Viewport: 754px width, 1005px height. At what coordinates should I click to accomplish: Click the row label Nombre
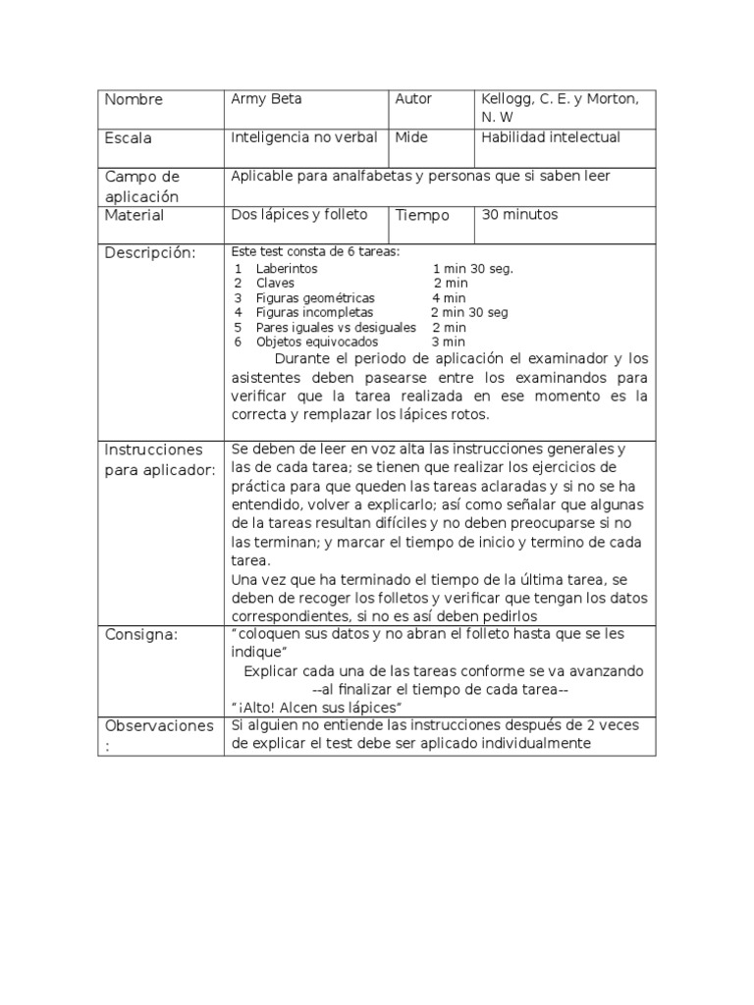[x=134, y=100]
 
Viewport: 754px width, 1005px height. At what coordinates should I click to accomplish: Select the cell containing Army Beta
[x=266, y=99]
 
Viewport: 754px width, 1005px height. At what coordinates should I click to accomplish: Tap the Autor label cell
[x=413, y=99]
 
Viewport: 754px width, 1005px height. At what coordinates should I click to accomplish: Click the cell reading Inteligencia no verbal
[x=303, y=137]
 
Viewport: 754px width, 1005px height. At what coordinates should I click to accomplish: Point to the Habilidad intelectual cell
[x=551, y=137]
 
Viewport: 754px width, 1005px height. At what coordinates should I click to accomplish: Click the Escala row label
[x=129, y=138]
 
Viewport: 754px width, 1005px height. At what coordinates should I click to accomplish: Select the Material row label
[x=135, y=215]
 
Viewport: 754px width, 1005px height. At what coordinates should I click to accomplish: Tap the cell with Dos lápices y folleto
[x=298, y=214]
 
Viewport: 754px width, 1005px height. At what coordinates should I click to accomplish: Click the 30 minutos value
[x=519, y=214]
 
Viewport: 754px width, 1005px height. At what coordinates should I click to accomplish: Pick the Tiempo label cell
[x=422, y=215]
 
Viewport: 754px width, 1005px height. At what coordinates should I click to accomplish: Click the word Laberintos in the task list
[x=287, y=268]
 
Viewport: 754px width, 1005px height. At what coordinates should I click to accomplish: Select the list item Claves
[x=275, y=283]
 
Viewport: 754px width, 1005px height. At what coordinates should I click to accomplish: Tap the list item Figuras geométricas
[x=315, y=297]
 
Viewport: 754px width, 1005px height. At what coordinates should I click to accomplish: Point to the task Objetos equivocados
[x=316, y=342]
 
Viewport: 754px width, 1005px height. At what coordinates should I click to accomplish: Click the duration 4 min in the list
[x=449, y=297]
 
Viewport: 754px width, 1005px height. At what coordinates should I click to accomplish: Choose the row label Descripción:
[x=150, y=253]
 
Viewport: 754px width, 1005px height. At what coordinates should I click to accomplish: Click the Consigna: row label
[x=141, y=634]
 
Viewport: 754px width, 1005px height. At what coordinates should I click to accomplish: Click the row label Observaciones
[x=158, y=726]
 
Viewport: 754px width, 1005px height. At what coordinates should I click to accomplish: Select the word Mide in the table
[x=411, y=137]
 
